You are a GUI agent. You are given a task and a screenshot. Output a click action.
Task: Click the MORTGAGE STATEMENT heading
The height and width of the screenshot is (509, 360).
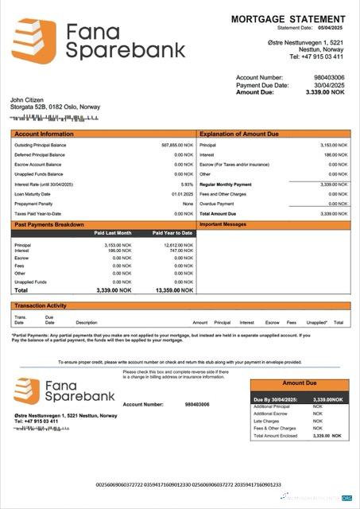(288, 17)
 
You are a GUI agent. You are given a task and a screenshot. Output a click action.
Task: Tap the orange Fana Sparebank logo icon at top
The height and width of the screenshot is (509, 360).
(34, 41)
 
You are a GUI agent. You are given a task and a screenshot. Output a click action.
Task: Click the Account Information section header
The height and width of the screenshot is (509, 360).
(44, 134)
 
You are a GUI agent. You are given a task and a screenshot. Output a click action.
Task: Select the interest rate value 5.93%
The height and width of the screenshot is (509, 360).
(187, 184)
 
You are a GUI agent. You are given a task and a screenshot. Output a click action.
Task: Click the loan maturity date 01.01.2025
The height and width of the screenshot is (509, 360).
(182, 193)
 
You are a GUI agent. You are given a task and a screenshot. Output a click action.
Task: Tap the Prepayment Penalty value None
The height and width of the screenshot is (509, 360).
(188, 204)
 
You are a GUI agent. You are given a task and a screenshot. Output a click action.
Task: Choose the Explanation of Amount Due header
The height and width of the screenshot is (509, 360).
(241, 134)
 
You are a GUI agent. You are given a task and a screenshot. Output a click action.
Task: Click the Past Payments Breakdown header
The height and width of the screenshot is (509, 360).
(49, 225)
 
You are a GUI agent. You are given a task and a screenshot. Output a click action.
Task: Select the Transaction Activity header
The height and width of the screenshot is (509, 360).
(41, 305)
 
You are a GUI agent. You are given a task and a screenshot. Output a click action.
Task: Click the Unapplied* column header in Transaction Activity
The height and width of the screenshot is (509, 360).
(317, 322)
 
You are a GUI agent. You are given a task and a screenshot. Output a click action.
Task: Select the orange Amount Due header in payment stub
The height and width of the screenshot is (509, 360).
(300, 383)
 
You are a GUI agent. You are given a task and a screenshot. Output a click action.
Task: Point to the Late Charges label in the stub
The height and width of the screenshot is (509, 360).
(266, 421)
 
